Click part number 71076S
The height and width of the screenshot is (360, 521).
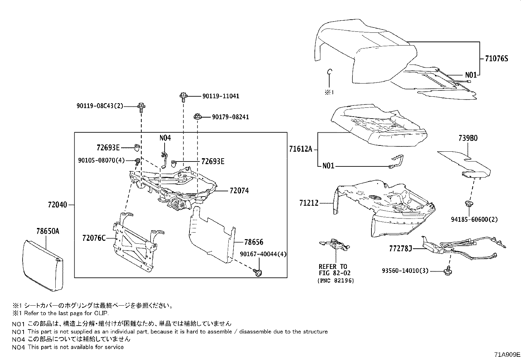click(496, 59)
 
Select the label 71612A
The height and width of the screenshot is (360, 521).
click(300, 149)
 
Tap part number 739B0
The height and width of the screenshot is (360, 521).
click(468, 138)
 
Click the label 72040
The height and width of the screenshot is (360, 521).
click(57, 205)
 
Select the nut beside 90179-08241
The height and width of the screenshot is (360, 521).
click(197, 116)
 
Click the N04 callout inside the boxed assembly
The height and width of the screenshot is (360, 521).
click(165, 138)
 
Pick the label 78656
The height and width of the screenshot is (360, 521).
click(254, 242)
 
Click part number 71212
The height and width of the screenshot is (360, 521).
click(309, 203)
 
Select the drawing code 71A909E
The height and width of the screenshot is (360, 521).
click(507, 354)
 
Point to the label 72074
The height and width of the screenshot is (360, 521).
click(239, 190)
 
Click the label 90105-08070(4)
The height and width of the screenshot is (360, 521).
click(101, 160)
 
